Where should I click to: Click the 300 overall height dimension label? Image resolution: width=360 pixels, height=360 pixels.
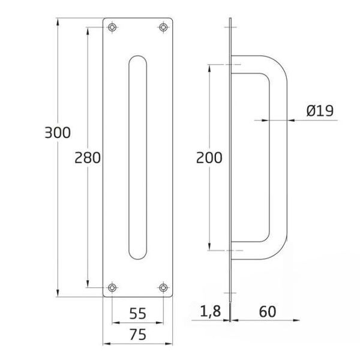click(58, 133)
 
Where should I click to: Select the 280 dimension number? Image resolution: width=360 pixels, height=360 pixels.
click(88, 157)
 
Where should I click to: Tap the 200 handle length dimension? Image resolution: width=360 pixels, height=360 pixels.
click(209, 157)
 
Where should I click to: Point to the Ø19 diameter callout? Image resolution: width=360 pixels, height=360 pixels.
click(320, 110)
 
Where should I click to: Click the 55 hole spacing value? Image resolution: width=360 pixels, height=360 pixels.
click(138, 313)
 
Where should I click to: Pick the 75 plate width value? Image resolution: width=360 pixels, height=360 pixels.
click(138, 334)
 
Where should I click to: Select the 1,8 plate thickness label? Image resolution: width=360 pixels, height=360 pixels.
click(211, 311)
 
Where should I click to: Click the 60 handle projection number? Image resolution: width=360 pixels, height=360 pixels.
click(268, 311)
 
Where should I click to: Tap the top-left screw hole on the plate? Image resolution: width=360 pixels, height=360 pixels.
click(112, 28)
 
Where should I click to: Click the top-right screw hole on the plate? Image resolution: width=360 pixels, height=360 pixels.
click(163, 28)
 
